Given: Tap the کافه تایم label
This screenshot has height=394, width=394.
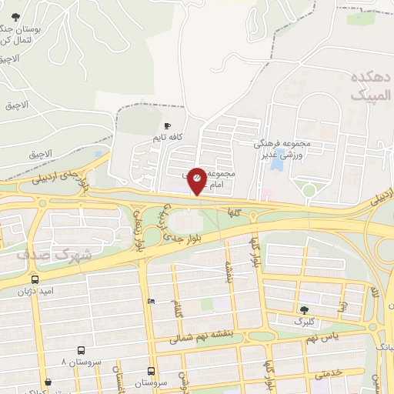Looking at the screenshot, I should tap(168, 138).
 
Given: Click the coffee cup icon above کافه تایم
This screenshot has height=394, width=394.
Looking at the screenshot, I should tap(168, 125).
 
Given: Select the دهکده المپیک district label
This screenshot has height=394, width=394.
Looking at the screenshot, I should tap(371, 87).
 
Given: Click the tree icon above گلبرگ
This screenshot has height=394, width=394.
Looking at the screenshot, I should tap(305, 309).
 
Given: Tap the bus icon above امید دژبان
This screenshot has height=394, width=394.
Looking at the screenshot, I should tap(35, 279).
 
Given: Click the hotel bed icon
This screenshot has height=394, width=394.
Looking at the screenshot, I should tap(151, 301).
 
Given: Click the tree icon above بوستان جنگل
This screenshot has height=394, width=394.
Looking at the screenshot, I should tap(15, 17).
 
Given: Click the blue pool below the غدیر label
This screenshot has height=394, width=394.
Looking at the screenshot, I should tap(276, 165).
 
